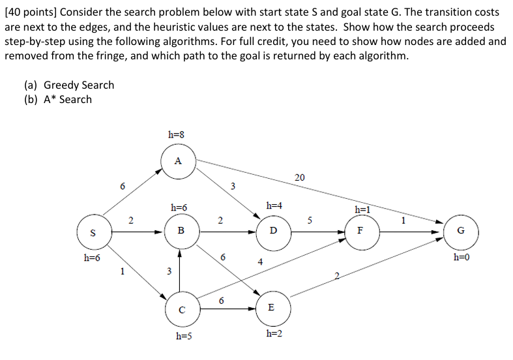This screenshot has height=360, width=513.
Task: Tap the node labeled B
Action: [x=181, y=231]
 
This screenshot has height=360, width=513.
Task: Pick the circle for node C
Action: [x=181, y=309]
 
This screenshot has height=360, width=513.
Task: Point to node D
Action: [x=272, y=231]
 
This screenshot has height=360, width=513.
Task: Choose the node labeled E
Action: [x=271, y=307]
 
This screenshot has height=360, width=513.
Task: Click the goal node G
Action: [x=462, y=231]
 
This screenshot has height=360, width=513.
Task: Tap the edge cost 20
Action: [x=299, y=177]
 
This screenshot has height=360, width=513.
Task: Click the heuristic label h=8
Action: [x=176, y=135]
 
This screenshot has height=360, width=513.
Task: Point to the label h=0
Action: [x=461, y=257]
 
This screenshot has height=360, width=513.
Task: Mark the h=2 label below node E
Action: [x=274, y=333]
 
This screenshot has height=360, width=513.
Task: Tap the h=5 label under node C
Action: [x=184, y=336]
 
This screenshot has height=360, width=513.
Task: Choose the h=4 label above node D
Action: [x=274, y=205]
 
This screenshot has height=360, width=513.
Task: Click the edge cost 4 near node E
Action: [x=259, y=262]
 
